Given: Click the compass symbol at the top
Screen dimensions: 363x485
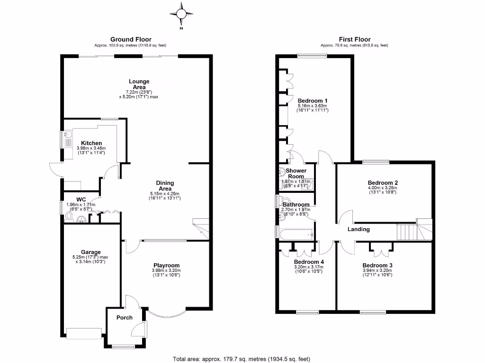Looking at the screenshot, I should click(180, 13).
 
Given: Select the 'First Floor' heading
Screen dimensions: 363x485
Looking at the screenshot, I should click(354, 39).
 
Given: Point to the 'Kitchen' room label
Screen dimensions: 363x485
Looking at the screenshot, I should click(91, 143).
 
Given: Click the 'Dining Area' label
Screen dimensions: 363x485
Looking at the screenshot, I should click(165, 186).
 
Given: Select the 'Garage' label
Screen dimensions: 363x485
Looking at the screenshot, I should click(88, 252).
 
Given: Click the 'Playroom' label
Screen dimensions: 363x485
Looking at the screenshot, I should click(166, 265).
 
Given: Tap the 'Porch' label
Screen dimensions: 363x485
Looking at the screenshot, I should click(124, 318).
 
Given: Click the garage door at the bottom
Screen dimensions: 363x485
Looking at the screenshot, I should click(84, 333).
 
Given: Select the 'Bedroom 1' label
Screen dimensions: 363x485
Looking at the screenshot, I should click(313, 101).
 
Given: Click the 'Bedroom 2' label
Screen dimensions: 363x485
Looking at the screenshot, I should click(382, 182).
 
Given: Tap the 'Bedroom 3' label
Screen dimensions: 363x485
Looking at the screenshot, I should click(377, 265).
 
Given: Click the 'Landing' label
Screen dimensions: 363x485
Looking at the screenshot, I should click(359, 229).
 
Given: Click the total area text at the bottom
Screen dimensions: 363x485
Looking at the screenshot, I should click(242, 358).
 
